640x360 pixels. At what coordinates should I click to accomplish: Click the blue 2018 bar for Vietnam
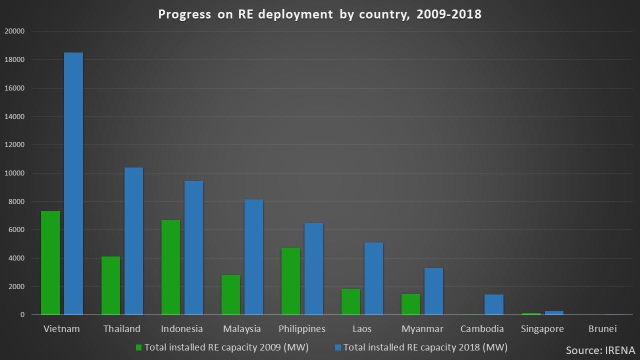click(x=73, y=183)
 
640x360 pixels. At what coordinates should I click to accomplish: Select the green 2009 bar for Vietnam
click(x=50, y=263)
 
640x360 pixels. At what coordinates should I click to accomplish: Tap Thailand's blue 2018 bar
click(x=133, y=241)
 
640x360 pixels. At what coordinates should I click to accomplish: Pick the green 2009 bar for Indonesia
click(x=170, y=267)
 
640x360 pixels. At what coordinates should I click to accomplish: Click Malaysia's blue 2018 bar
click(x=253, y=257)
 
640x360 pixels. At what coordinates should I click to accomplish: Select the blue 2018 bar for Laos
click(x=373, y=278)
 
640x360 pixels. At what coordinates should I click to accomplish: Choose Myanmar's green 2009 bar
click(x=410, y=304)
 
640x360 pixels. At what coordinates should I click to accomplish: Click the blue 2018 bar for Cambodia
click(x=493, y=304)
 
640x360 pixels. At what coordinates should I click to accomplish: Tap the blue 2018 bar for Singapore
click(x=554, y=313)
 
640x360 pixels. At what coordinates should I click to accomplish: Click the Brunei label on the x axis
click(x=602, y=329)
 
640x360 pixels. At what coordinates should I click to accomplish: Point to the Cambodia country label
click(x=482, y=329)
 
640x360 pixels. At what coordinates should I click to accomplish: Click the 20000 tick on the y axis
click(x=14, y=31)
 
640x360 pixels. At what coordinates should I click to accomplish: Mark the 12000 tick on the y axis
click(x=14, y=145)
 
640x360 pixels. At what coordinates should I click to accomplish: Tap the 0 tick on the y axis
click(x=22, y=315)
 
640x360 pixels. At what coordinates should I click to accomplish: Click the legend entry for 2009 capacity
click(x=222, y=347)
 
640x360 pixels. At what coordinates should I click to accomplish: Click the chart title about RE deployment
click(x=320, y=14)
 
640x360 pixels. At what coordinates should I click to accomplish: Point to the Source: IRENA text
click(x=600, y=349)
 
